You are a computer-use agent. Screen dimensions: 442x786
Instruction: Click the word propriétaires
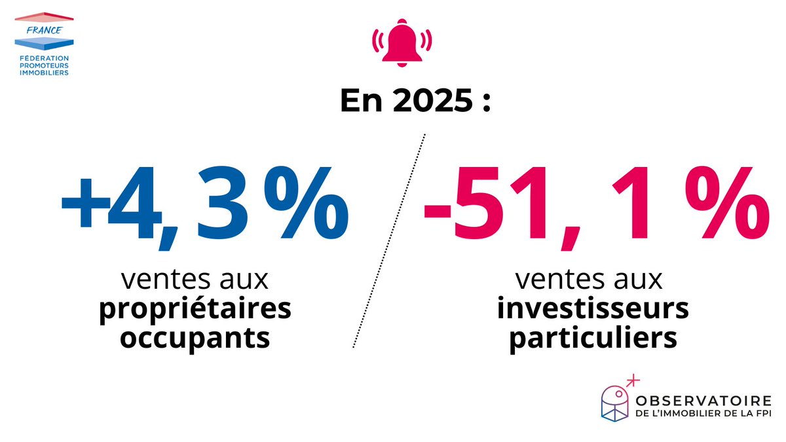click(195, 310)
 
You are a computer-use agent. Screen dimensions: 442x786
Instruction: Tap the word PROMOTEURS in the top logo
click(45, 65)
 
